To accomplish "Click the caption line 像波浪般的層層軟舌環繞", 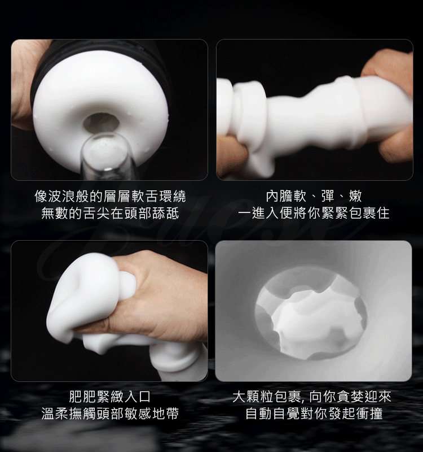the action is tap(110, 196).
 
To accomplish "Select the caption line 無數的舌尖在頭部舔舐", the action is tap(110, 214).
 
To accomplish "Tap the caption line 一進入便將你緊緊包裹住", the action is tap(314, 214).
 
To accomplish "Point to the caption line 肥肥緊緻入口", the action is tap(110, 397).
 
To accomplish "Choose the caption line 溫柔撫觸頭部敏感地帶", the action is tap(110, 414).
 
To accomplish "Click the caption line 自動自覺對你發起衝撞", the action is tap(314, 414).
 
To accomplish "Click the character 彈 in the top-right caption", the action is tap(328, 196).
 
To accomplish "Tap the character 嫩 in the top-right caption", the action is tap(355, 196).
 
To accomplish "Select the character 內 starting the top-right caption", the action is tap(272, 196).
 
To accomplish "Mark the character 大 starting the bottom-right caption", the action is tap(239, 397).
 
